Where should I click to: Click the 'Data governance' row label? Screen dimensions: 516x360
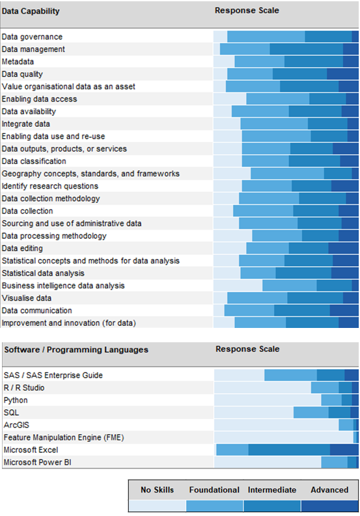[x=32, y=37]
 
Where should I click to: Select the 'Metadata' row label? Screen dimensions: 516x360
[x=18, y=62]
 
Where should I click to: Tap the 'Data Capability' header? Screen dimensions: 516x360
[x=31, y=11]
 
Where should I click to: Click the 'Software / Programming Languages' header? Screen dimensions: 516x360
[x=76, y=349]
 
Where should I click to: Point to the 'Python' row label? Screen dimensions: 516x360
[x=16, y=400]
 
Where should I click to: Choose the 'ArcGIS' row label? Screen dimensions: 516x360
[x=16, y=425]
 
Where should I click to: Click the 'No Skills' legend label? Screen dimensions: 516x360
[x=157, y=490]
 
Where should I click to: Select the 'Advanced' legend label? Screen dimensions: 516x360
[x=329, y=490]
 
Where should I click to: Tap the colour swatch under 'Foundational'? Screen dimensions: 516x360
[x=214, y=505]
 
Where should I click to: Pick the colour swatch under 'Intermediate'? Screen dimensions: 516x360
[x=271, y=505]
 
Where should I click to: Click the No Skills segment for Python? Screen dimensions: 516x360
[x=267, y=400]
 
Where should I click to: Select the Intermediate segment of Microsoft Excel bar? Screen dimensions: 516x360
[x=289, y=450]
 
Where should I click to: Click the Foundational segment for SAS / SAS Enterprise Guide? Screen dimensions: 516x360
[x=290, y=375]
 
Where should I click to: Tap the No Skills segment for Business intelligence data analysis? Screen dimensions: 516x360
[x=238, y=286]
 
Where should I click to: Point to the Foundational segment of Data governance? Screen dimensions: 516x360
[x=266, y=37]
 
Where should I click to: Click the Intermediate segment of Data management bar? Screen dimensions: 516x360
[x=306, y=49]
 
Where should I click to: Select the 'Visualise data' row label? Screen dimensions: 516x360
[x=27, y=298]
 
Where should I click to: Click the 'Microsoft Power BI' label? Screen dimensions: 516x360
[x=36, y=462]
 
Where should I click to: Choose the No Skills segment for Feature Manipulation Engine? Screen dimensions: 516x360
[x=283, y=437]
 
